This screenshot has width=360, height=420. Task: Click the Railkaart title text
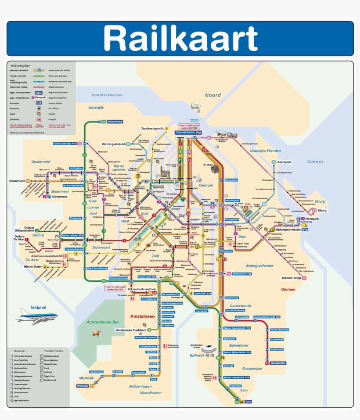tap(180, 39)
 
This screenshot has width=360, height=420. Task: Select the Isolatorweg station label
tap(115, 121)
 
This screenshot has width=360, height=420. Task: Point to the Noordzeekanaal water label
tap(107, 95)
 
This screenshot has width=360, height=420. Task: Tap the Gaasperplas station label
tap(278, 363)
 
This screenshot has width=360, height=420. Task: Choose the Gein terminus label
tap(248, 402)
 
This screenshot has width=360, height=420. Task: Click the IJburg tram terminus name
tap(322, 211)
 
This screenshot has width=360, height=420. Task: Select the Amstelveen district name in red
tap(145, 316)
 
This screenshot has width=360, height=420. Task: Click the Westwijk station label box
tap(83, 386)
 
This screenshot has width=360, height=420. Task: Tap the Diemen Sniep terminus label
tap(291, 278)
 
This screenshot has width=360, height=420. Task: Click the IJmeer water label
tap(315, 162)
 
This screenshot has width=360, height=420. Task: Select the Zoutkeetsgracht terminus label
tap(152, 129)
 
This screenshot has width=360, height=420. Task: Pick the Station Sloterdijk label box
tap(65, 144)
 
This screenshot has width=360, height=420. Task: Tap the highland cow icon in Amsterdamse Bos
tap(96, 333)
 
